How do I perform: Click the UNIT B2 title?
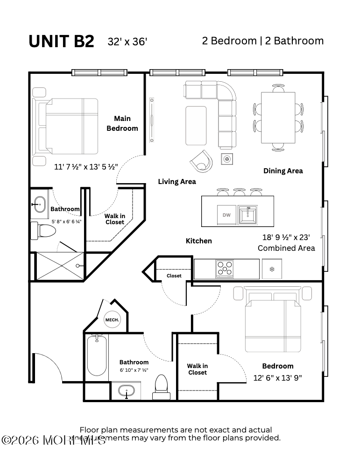pos(61,41)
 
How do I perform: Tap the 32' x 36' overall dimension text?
pos(127,42)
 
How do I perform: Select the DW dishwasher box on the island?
pos(226,215)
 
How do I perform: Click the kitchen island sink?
pos(247,215)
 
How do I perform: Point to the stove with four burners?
pos(225,269)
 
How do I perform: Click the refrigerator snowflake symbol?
pos(272,269)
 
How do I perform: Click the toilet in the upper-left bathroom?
pos(44,230)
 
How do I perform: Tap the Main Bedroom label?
pos(122,123)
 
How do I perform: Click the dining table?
pos(278,118)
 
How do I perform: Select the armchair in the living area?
pos(202,161)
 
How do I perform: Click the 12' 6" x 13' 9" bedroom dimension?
pos(277,377)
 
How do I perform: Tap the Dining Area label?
pos(283,171)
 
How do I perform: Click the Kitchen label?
pos(199,241)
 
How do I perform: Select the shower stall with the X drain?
pos(60,266)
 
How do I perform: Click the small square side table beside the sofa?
pos(227,159)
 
